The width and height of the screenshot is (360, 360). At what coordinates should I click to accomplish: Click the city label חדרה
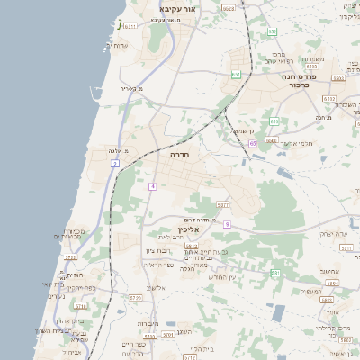click(184, 154)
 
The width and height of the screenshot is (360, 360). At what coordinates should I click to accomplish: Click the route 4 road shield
click(153, 186)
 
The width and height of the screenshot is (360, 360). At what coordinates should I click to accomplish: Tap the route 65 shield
click(253, 142)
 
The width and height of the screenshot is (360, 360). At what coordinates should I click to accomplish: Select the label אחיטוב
click(328, 270)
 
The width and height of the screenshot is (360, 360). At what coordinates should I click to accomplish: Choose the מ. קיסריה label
click(131, 89)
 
